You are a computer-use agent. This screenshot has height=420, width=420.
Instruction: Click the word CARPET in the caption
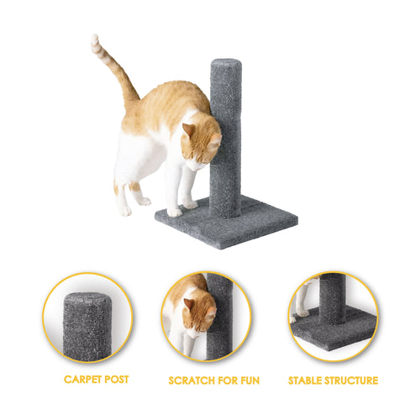pos(83,380)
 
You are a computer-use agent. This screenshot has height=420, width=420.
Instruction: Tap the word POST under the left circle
pos(117,380)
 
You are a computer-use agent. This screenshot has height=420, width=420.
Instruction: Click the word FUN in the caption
pos(250,381)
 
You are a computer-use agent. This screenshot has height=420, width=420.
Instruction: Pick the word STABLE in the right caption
pos(305,381)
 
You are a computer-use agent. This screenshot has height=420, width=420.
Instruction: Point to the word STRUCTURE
pos(351,381)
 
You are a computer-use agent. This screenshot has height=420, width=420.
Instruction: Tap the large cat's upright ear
pos(188,131)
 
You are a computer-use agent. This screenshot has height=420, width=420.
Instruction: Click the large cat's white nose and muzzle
pos(197,165)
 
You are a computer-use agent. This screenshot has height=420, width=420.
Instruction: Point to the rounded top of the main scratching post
pos(226,64)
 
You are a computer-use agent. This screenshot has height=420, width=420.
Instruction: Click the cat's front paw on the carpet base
pos(175,213)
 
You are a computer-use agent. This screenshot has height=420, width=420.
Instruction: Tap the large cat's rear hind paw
pos(126,211)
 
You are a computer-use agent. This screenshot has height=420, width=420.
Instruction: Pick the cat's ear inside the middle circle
pos(190,305)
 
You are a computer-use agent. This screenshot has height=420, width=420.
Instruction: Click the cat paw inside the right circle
pos(303,312)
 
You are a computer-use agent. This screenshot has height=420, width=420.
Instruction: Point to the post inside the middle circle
pos(220,317)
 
